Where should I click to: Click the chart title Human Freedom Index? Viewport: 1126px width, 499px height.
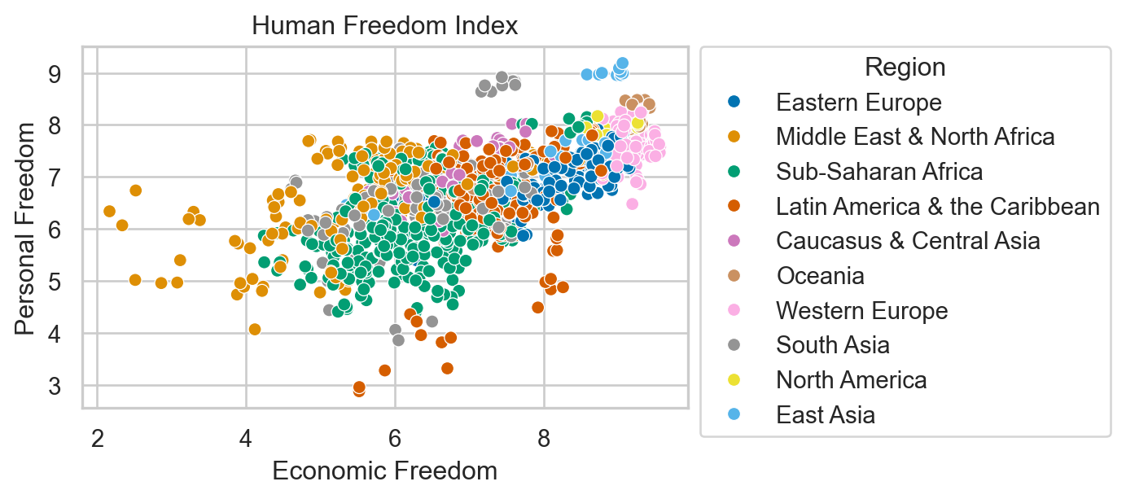(x=384, y=26)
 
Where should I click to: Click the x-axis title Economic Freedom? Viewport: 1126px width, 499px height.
(x=384, y=471)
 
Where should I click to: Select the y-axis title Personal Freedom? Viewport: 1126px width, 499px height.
(x=26, y=228)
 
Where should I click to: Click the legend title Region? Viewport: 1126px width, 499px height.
(x=905, y=67)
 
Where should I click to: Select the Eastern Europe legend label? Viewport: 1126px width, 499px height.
(x=858, y=103)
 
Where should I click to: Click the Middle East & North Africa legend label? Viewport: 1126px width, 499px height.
(x=915, y=137)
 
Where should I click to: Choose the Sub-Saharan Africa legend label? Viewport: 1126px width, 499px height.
(x=879, y=172)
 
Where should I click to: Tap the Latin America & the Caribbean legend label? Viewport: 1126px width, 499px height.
(x=938, y=207)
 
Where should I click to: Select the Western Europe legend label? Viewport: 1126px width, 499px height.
(x=861, y=311)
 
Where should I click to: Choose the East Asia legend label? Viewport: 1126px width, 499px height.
(x=826, y=415)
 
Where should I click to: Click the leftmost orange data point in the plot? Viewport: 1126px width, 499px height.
(x=110, y=212)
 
